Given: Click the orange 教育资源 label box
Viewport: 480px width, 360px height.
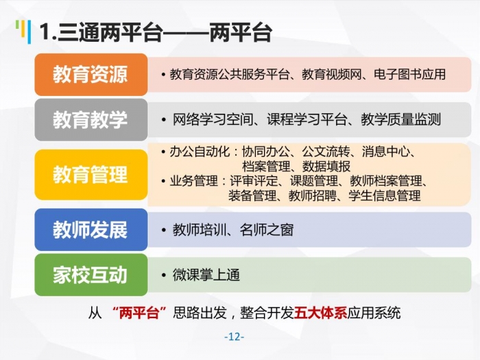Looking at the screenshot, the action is coord(91,74).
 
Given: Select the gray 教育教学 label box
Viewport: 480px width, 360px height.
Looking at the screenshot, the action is coord(91,120).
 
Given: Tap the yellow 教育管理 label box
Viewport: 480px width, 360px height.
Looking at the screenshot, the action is coord(91,174).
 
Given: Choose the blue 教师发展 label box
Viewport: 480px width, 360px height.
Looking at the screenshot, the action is coord(91,230).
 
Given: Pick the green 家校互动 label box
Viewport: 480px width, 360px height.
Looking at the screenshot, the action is coord(91,274).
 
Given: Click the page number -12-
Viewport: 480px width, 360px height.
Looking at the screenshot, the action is coord(235,337).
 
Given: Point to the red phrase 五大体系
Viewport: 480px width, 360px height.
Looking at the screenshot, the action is coord(320,313).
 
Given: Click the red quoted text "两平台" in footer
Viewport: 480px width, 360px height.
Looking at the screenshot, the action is coord(140,313).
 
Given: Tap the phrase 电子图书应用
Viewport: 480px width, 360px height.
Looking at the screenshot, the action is coord(409,74).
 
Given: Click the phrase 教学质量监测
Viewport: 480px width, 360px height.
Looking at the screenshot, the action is coord(400,120).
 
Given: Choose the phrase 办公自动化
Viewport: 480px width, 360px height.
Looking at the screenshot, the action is coord(200,152).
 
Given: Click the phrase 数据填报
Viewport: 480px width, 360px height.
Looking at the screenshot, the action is coord(326,166).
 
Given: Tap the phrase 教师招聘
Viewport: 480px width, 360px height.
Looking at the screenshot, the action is coord(313,195).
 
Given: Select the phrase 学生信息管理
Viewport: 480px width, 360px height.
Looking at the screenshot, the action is coord(385,195).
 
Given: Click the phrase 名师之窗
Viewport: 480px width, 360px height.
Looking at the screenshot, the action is coord(267,230).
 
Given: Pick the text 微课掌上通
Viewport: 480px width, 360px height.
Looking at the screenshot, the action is coord(206,274).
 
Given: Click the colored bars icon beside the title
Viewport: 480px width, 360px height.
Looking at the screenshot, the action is coord(23,32).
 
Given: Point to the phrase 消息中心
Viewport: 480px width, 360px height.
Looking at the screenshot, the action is coord(385,152).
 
